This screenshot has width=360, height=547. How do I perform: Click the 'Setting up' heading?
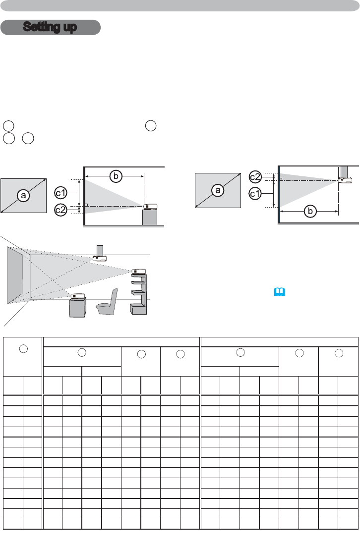pos(51,27)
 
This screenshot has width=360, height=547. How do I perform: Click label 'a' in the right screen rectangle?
pos(217,190)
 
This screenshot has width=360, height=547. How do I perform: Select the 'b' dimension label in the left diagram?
pos(115,175)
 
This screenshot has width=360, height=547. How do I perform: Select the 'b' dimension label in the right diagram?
pos(310,212)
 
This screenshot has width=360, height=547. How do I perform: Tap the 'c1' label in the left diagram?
pos(60,191)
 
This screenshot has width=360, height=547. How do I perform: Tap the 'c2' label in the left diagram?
pos(60,210)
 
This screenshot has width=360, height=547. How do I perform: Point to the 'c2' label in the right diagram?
pos(255,176)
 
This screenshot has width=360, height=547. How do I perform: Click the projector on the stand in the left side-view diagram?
pos(151,207)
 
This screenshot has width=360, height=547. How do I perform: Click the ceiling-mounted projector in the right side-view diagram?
pos(345,179)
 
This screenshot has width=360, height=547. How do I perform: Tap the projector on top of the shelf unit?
pos(138,271)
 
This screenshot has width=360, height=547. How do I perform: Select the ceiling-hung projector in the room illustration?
pos(100,258)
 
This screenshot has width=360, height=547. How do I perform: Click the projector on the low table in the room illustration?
pos(77,296)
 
